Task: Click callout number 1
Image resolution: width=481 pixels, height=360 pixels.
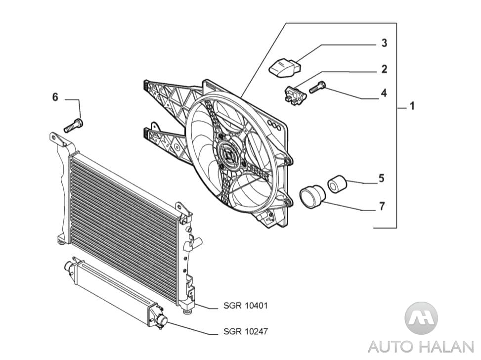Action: click(412, 106)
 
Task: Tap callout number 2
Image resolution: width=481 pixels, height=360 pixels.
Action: click(384, 69)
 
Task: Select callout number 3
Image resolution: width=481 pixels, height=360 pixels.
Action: click(384, 43)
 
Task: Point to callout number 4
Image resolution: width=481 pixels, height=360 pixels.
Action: click(384, 93)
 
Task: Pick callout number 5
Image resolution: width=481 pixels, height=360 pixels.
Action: click(381, 178)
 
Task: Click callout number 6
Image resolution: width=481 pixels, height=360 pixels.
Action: click(55, 97)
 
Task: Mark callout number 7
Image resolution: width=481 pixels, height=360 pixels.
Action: click(382, 206)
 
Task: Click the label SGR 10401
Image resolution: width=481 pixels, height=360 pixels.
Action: click(245, 306)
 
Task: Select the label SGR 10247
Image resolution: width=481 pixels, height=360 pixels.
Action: click(245, 331)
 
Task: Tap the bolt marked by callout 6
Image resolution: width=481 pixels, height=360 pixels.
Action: click(74, 126)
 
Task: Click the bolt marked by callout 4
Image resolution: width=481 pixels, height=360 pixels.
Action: click(317, 87)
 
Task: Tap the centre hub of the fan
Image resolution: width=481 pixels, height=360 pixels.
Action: click(229, 156)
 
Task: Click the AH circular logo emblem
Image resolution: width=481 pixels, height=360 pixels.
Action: click(421, 318)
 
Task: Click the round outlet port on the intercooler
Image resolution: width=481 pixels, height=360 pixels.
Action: click(162, 321)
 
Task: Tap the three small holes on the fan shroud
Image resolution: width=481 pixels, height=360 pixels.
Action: click(273, 125)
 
